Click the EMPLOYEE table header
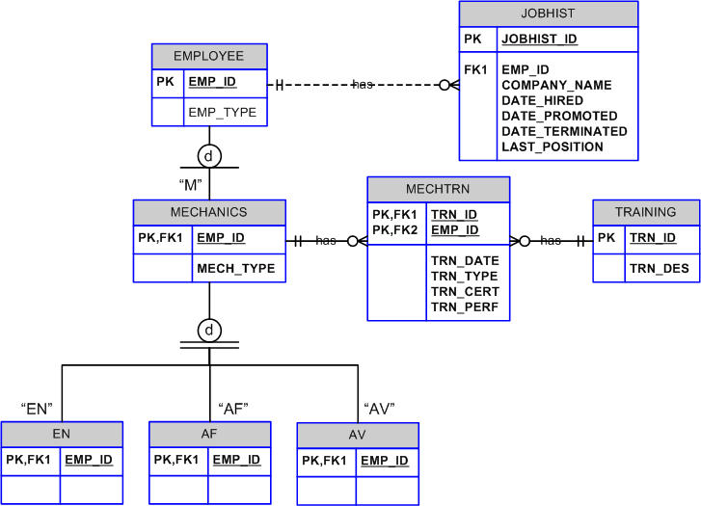click(208, 56)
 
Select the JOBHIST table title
click(548, 13)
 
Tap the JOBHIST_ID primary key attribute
click(539, 40)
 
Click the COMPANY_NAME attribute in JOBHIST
click(556, 85)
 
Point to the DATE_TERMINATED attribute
click(564, 131)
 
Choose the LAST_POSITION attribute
click(553, 146)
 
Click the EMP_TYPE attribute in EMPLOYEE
click(222, 112)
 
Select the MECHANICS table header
click(208, 212)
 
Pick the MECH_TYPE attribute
click(235, 268)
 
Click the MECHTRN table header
click(438, 188)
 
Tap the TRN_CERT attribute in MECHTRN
click(464, 291)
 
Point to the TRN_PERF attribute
click(464, 306)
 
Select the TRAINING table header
click(646, 212)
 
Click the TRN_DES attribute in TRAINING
click(660, 268)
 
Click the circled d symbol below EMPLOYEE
click(209, 155)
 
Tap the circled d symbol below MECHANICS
click(209, 331)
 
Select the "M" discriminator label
click(189, 183)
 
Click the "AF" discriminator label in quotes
click(233, 408)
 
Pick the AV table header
click(357, 435)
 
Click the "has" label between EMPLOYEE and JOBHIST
click(363, 85)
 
